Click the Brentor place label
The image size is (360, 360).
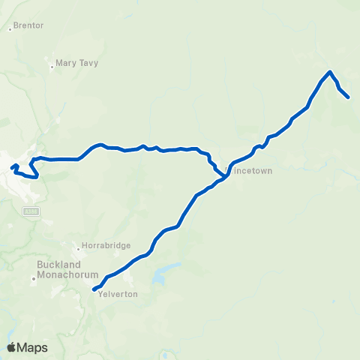click(28, 25)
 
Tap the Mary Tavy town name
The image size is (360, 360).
click(76, 64)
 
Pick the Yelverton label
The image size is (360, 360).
click(117, 294)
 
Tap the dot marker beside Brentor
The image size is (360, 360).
click(10, 29)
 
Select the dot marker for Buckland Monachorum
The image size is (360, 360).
click(34, 279)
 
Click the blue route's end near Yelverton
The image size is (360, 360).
click(94, 289)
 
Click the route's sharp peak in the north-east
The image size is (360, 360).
click(330, 72)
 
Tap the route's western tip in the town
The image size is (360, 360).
click(11, 166)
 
